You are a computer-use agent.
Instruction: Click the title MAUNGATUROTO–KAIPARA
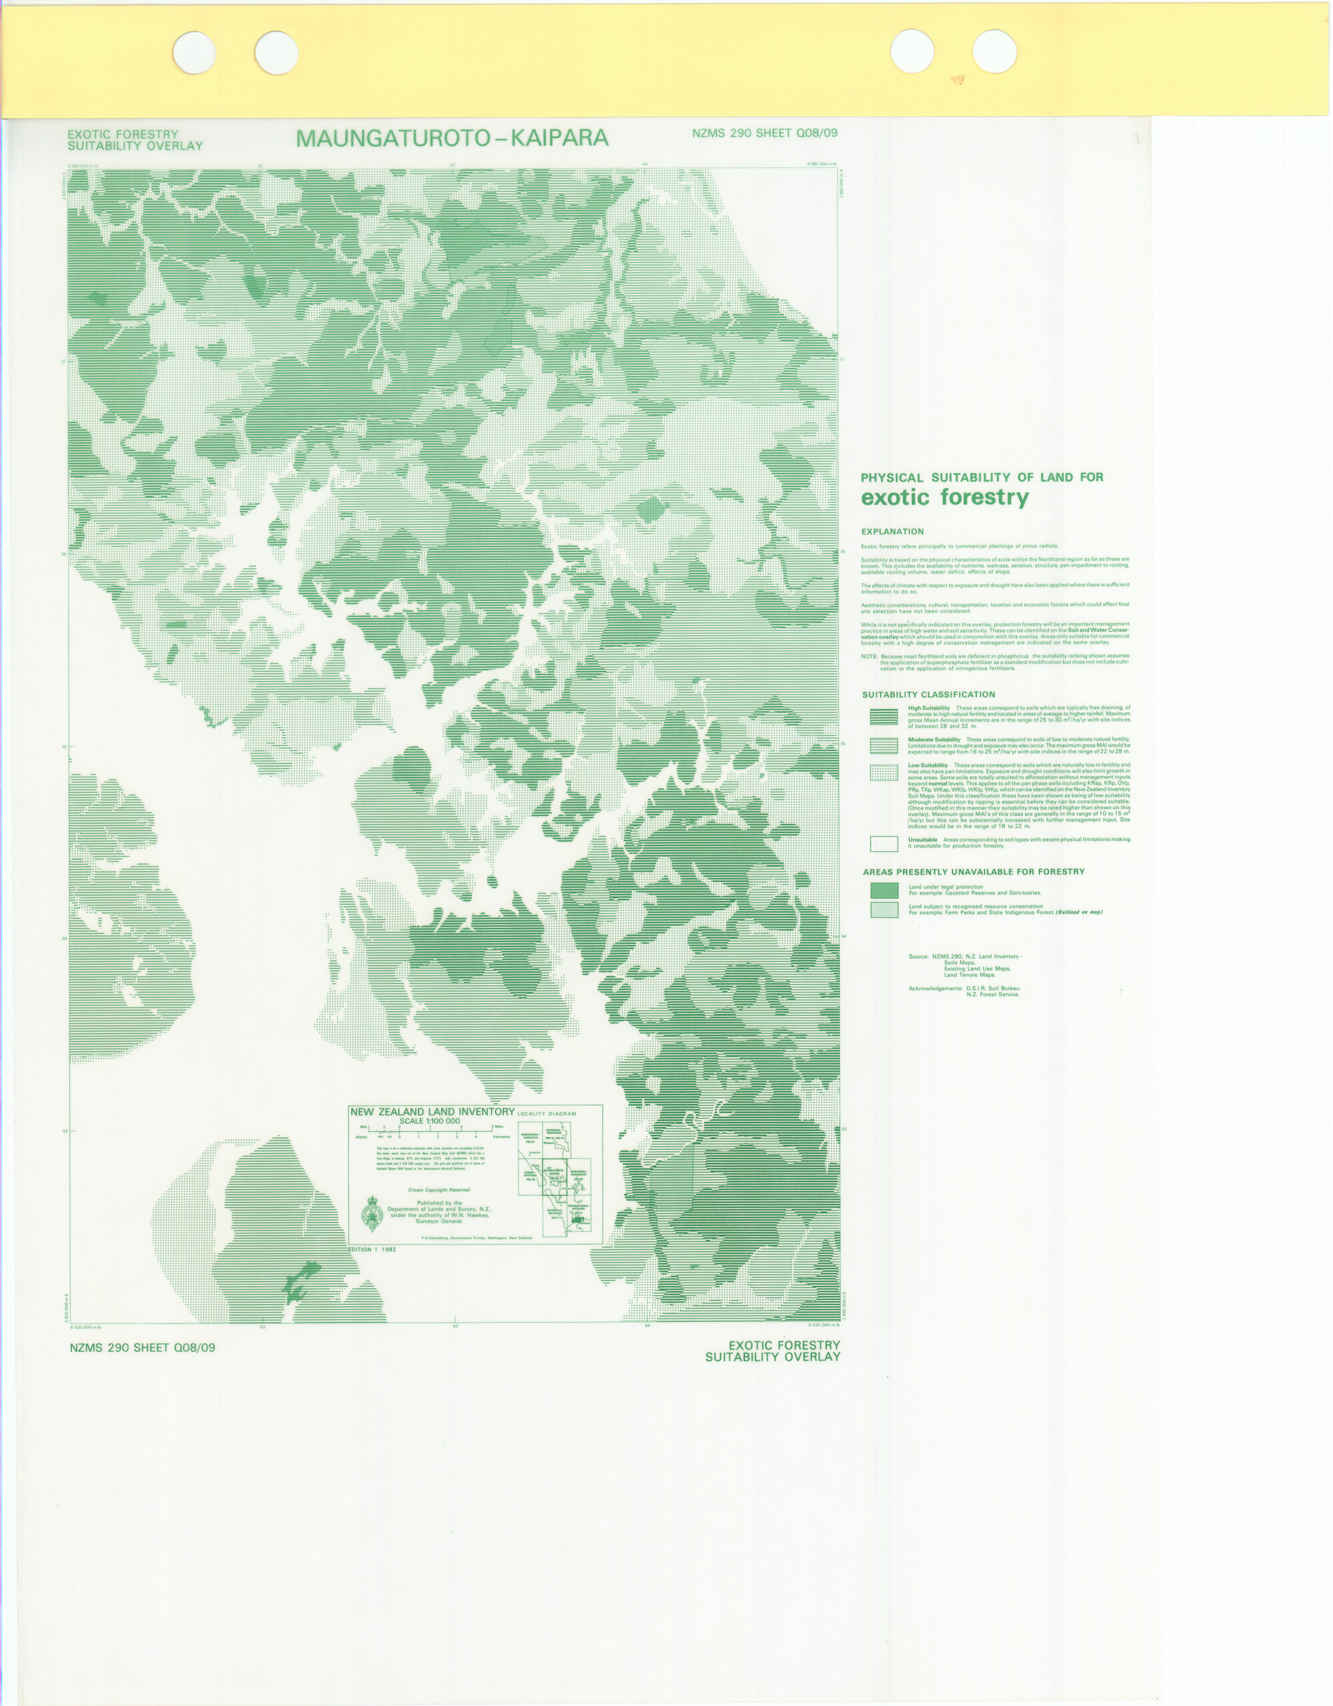point(452,139)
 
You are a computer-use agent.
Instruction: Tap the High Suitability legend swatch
point(883,716)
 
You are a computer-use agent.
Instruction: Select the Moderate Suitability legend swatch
point(883,745)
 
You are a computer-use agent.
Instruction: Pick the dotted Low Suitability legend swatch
point(883,772)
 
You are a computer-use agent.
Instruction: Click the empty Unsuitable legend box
point(883,843)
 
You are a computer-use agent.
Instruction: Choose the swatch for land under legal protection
point(884,890)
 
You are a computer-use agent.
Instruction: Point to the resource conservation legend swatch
point(884,909)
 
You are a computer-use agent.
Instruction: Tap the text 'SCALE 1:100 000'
point(430,1121)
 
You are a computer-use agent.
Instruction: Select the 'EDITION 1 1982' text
point(372,1250)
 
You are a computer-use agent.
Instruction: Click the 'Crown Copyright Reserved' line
point(439,1190)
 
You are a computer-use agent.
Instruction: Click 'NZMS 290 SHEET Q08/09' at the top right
point(764,134)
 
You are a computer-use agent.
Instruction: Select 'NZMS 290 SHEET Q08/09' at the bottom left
point(142,1348)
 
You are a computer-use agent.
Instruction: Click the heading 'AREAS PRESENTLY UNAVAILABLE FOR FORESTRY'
point(974,872)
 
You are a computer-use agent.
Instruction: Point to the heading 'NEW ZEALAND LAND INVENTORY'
point(431,1112)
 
